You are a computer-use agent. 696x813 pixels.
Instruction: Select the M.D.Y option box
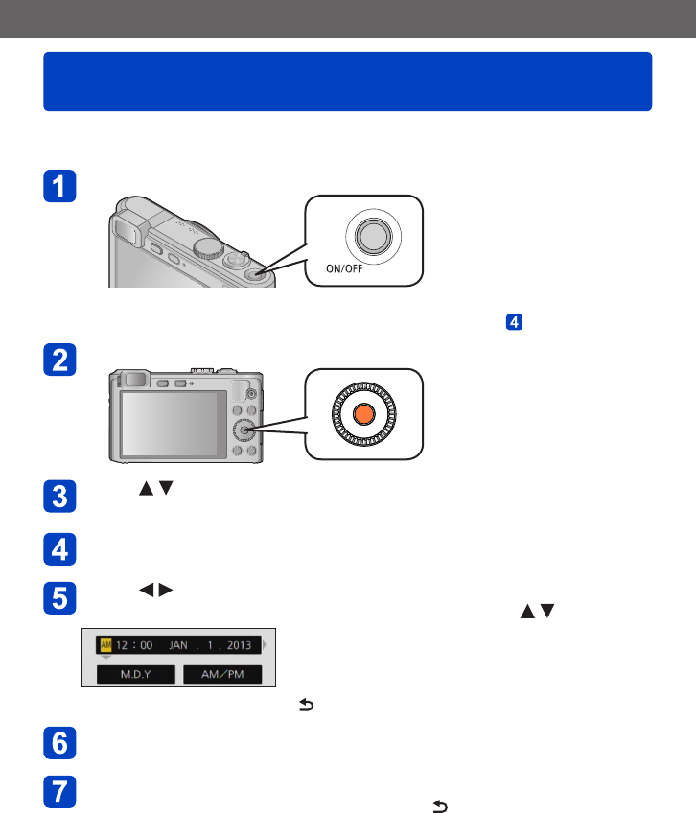click(136, 675)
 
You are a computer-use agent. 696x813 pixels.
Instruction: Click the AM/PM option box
click(223, 675)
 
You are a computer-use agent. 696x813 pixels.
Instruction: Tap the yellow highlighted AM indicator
click(105, 645)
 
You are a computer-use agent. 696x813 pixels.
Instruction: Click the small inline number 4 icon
click(514, 322)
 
